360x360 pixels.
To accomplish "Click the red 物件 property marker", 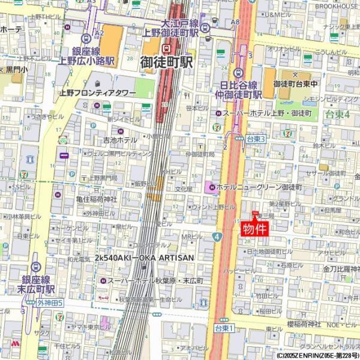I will coord(254,229).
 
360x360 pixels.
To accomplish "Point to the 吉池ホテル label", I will coord(120,140).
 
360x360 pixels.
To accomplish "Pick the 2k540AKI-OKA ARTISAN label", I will coord(144,257).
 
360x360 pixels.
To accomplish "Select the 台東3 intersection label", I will coord(256,139).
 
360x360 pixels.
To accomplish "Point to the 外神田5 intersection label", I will coord(50,303).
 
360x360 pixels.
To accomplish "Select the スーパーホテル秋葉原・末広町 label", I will coord(155,280).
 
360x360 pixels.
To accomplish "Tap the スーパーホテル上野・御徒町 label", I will coord(268,113).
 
